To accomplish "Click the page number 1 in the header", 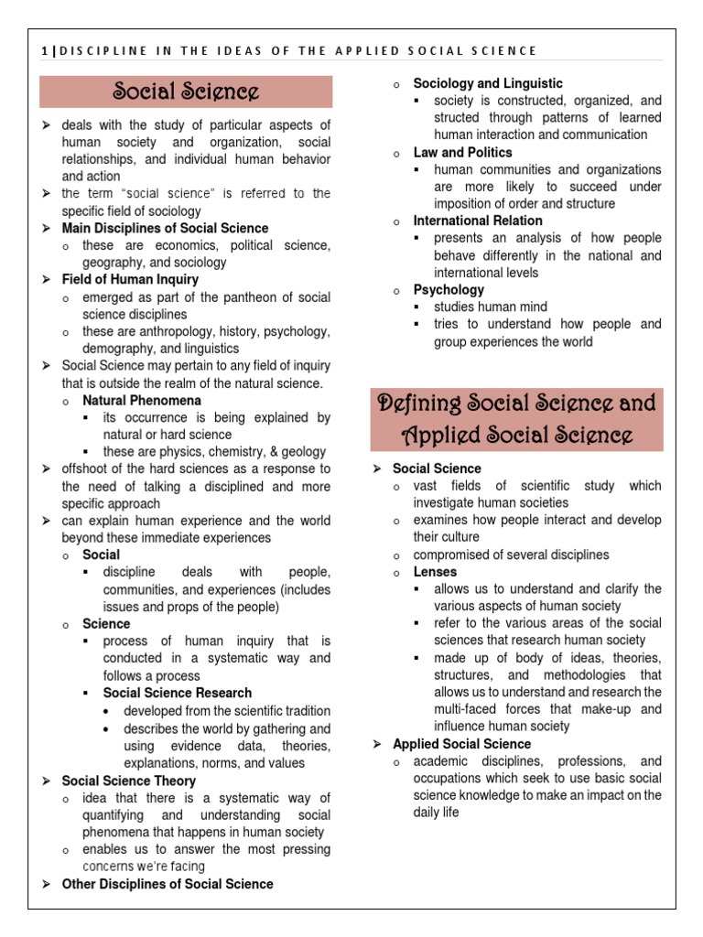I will [45, 50].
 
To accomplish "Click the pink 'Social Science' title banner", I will [186, 92].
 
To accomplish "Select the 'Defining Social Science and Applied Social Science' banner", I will [516, 418].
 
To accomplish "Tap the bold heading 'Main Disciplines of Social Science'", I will [165, 228].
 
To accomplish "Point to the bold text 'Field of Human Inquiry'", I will [130, 279].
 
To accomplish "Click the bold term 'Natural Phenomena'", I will [142, 400].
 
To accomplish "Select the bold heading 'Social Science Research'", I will [178, 693].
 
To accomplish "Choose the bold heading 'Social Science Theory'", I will [128, 781].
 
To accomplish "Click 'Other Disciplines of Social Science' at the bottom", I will [167, 884].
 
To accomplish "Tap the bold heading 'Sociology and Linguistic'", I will [488, 83].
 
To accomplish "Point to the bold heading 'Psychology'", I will [449, 289].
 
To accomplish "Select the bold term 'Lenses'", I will [435, 572].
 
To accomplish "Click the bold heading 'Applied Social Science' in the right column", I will [461, 744].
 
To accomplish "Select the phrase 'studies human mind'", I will [491, 307].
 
